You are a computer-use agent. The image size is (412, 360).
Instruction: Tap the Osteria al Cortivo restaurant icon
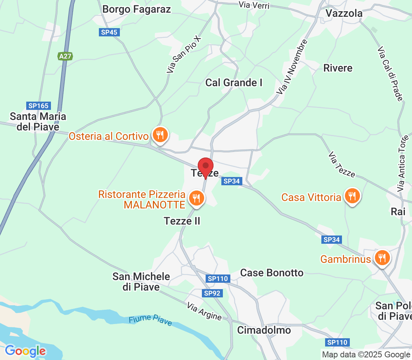160,134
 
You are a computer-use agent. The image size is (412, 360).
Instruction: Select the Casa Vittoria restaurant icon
352,196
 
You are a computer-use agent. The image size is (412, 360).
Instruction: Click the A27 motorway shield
65,56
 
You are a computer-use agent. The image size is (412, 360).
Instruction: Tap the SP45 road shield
109,32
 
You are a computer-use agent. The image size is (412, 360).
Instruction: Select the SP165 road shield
39,106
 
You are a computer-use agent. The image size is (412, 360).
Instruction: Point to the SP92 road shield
212,293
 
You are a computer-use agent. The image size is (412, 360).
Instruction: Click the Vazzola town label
344,13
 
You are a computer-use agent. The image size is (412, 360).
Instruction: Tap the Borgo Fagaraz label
136,9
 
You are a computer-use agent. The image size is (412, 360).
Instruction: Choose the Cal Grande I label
234,82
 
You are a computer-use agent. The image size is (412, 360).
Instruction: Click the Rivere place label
338,68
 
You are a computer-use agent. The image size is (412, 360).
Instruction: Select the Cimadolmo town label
264,330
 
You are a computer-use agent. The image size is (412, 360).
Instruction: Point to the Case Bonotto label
272,273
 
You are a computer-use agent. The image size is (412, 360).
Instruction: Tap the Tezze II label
182,221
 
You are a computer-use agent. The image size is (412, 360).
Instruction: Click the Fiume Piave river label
150,319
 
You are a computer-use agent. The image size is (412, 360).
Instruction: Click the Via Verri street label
254,5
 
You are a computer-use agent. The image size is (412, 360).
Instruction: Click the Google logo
25,351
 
